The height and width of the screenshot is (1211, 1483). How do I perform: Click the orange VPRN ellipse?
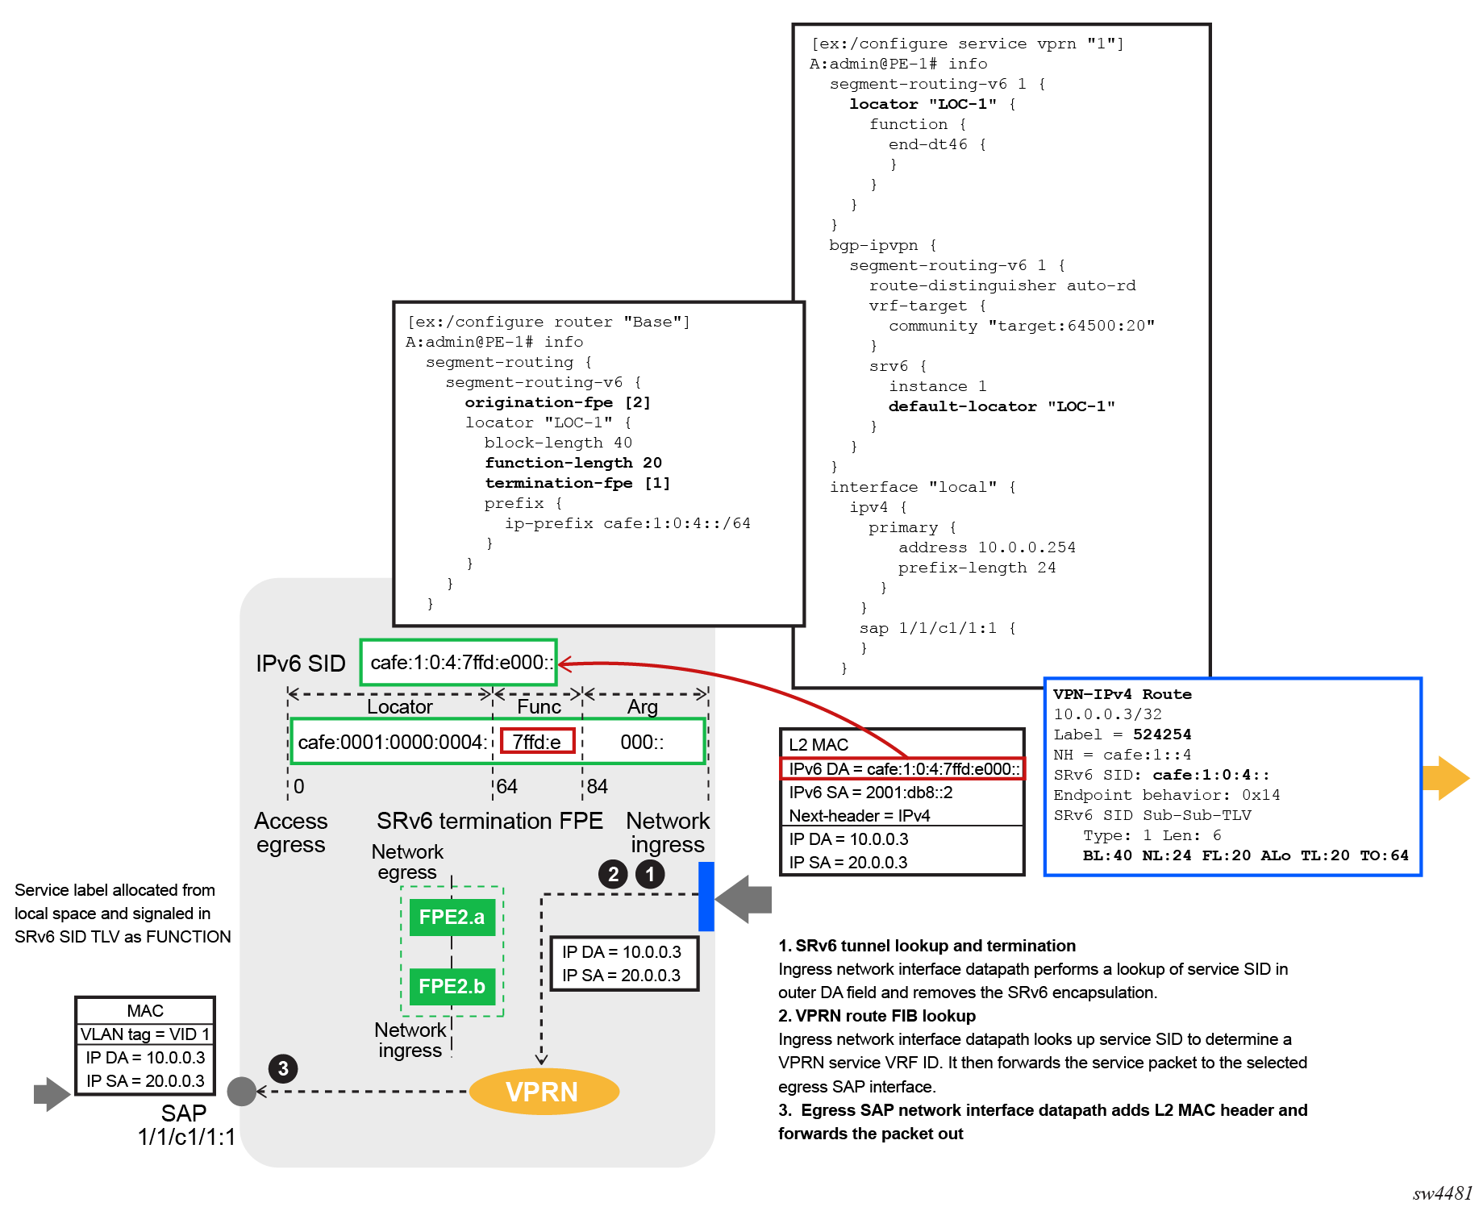pos(544,1092)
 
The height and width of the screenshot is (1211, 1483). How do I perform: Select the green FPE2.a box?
pos(452,918)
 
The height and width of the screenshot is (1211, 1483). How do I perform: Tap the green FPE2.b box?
pos(452,986)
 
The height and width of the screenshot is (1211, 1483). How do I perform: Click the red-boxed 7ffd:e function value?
pos(537,742)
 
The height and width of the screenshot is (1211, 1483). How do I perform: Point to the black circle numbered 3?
pos(283,1069)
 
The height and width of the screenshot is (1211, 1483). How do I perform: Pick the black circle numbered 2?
pos(614,874)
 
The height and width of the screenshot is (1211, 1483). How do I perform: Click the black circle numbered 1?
pos(650,874)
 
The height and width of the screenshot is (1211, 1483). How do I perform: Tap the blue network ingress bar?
pos(706,897)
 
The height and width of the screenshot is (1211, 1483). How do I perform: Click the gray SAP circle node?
pos(242,1092)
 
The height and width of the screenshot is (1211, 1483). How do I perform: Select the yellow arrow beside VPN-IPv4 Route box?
pos(1446,778)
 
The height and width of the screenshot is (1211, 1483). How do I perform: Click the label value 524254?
pos(1161,735)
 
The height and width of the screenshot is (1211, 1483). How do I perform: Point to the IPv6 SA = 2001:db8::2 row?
pos(871,793)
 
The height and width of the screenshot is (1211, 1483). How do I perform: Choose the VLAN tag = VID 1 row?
pos(145,1034)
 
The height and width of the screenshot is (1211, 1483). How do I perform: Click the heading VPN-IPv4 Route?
pos(1122,694)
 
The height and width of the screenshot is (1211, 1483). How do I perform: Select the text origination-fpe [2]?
pos(557,402)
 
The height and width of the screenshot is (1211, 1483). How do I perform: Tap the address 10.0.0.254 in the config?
pos(1026,547)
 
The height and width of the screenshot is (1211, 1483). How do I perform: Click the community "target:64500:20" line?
pos(1021,326)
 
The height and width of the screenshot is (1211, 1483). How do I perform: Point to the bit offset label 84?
pos(598,786)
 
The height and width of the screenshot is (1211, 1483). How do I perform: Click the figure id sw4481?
pos(1442,1194)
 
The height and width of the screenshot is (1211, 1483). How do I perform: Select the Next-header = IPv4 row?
pos(860,816)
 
